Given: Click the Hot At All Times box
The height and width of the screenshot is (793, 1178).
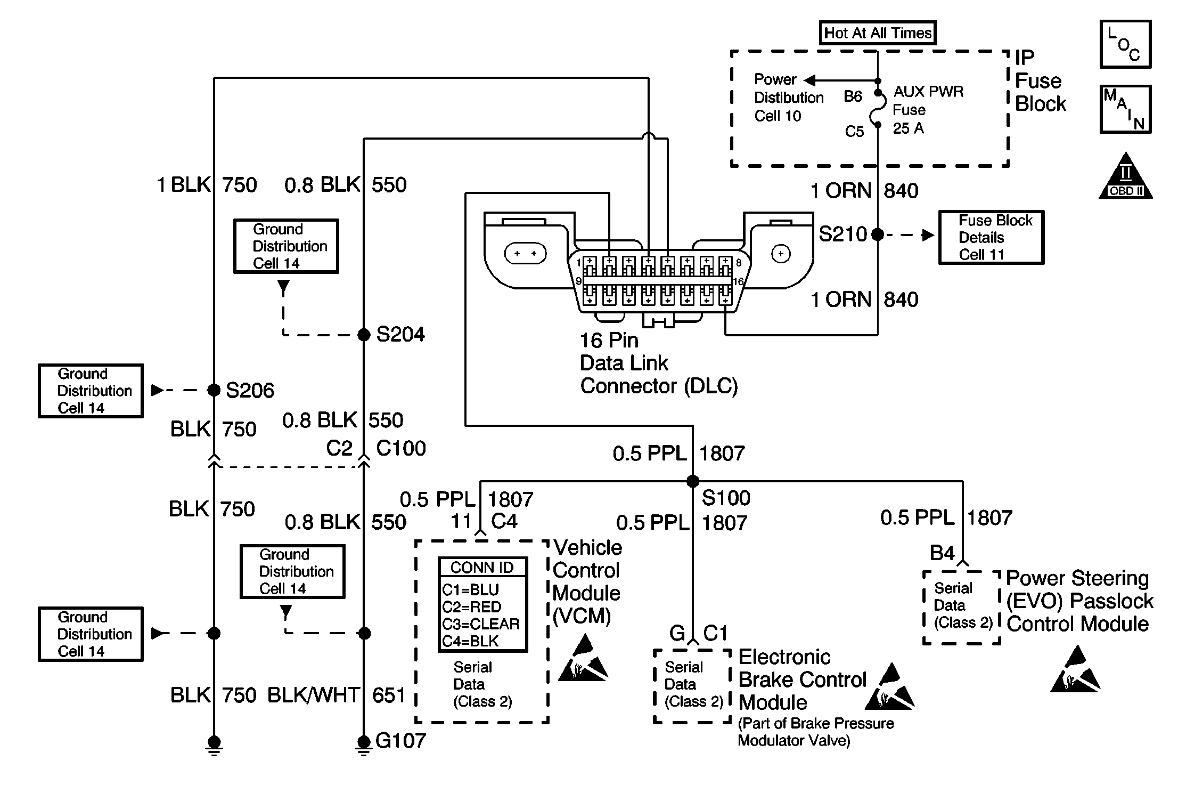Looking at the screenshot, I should click(877, 33).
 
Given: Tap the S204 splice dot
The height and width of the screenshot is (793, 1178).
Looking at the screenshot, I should click(364, 335).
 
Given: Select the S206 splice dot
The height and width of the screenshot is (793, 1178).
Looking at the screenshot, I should click(214, 390).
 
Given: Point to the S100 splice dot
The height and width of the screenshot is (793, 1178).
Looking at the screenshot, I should click(692, 481).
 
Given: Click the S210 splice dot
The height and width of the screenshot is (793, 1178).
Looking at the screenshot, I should click(877, 234).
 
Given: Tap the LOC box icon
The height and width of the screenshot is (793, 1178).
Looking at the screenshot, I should click(1125, 44).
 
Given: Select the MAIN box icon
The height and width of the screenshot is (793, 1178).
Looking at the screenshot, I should click(1125, 109).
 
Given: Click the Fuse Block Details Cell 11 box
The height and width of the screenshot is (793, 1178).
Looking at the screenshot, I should click(991, 237).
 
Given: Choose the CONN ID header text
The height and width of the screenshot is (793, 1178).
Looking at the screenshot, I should click(482, 568).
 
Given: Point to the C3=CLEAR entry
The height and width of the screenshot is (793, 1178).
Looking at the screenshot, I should click(481, 624).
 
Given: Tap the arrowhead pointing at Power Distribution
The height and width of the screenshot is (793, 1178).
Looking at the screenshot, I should click(809, 80).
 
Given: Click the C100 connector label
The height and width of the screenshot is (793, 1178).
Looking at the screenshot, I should click(400, 448).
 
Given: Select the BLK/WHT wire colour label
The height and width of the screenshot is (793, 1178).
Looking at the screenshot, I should click(313, 695).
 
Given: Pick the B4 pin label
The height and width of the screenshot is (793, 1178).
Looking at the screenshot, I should click(942, 553).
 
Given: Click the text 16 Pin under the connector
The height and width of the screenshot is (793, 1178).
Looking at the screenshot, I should click(609, 340).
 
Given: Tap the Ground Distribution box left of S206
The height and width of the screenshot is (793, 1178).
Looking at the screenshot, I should click(91, 391).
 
